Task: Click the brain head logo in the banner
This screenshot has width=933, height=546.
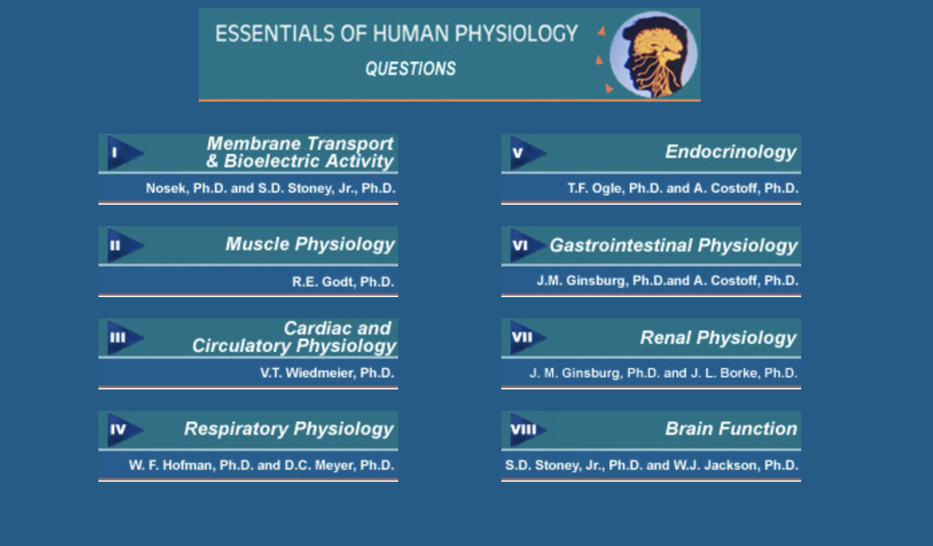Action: coord(653,55)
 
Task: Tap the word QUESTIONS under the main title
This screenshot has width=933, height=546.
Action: coord(411,69)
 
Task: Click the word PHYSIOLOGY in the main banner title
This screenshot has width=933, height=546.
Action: coord(516,33)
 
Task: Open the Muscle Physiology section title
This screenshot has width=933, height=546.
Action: coord(310,244)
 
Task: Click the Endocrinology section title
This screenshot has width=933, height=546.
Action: coord(731,152)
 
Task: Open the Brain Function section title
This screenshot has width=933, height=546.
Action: coord(732,428)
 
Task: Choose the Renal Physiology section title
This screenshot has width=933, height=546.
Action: coord(718,338)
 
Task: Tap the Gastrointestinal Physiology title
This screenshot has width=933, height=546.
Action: coord(673,246)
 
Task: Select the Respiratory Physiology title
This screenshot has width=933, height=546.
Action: coord(289,429)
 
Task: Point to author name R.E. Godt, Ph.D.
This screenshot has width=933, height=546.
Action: coord(343,282)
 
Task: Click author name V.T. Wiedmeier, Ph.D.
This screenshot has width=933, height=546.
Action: coord(327,373)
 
